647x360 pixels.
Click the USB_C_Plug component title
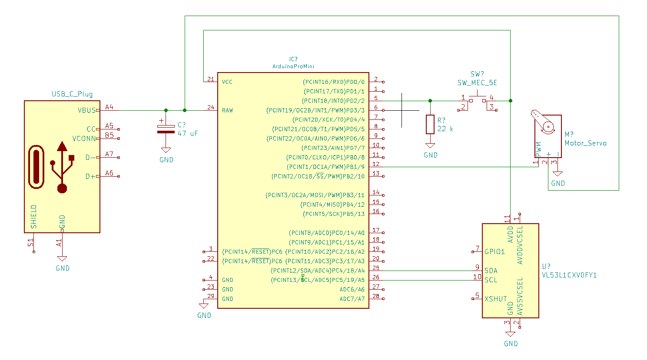[72, 94]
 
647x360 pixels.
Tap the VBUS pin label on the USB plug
[86, 110]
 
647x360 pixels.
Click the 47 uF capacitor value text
[187, 134]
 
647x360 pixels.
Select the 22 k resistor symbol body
[430, 124]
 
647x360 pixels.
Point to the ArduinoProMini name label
[293, 66]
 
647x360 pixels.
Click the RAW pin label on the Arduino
[227, 110]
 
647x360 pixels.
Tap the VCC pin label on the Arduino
[227, 82]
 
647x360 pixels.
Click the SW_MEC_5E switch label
[477, 83]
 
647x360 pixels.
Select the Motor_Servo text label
[585, 143]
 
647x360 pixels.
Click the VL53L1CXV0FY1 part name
[569, 275]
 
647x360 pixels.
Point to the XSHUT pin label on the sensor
[495, 299]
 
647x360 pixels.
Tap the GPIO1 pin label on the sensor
[494, 251]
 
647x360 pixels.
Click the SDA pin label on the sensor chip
[491, 271]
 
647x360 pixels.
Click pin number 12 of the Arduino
[376, 164]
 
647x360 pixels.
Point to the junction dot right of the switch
[510, 101]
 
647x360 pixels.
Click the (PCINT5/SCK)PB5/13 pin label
[334, 214]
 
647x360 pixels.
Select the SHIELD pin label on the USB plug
[34, 216]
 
